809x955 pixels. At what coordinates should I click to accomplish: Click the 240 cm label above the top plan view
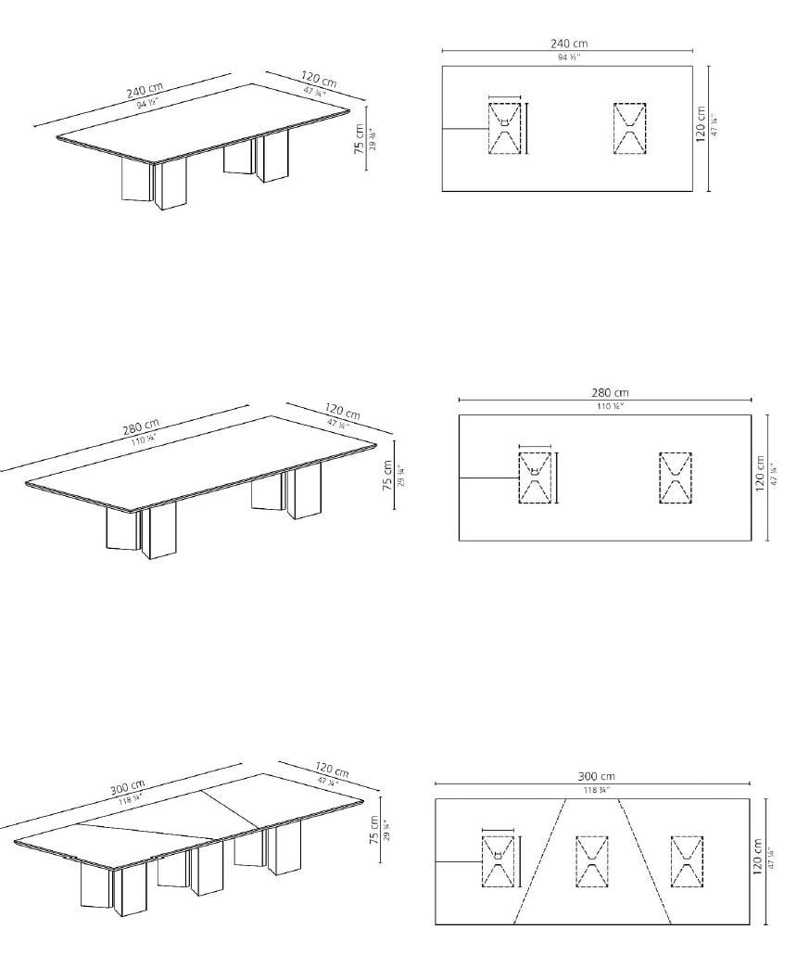tap(567, 43)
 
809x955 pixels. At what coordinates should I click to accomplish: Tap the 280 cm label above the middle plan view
tap(609, 392)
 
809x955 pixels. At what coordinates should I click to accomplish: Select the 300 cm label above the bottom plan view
tap(596, 776)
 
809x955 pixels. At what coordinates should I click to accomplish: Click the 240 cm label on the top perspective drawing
tap(145, 92)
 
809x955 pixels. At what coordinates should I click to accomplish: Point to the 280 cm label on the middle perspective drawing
tap(141, 430)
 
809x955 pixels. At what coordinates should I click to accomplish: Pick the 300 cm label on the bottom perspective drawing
tap(127, 788)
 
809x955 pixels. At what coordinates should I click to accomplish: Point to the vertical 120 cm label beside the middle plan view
tap(760, 474)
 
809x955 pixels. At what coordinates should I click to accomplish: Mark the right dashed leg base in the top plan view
tap(629, 128)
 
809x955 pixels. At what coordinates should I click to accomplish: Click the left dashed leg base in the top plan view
tap(504, 128)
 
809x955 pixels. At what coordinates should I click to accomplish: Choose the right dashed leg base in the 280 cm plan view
tap(675, 477)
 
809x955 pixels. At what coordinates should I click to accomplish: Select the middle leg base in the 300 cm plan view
tap(591, 860)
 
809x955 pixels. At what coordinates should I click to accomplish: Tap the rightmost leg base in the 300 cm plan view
tap(687, 860)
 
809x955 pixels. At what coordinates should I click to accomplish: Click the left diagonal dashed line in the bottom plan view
tap(538, 860)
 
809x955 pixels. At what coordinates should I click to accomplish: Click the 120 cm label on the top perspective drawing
tap(318, 80)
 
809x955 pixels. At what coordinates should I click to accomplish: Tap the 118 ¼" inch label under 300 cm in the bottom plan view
tap(596, 790)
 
